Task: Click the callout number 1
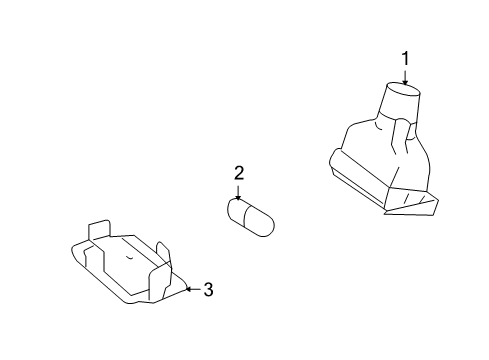pyautogui.click(x=405, y=59)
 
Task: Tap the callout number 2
pyautogui.click(x=239, y=173)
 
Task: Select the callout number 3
pyautogui.click(x=208, y=289)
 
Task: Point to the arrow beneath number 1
pyautogui.click(x=405, y=77)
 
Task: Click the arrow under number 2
pyautogui.click(x=238, y=193)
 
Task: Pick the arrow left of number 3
pyautogui.click(x=193, y=289)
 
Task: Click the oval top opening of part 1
pyautogui.click(x=403, y=89)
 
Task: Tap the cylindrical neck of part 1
pyautogui.click(x=400, y=102)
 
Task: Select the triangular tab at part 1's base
pyautogui.click(x=412, y=203)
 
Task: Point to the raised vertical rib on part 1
pyautogui.click(x=401, y=137)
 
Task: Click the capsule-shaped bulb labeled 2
pyautogui.click(x=251, y=218)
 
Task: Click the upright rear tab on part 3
pyautogui.click(x=99, y=229)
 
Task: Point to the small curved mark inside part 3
pyautogui.click(x=130, y=257)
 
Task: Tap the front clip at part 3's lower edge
pyautogui.click(x=159, y=283)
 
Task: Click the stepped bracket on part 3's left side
pyautogui.click(x=94, y=257)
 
